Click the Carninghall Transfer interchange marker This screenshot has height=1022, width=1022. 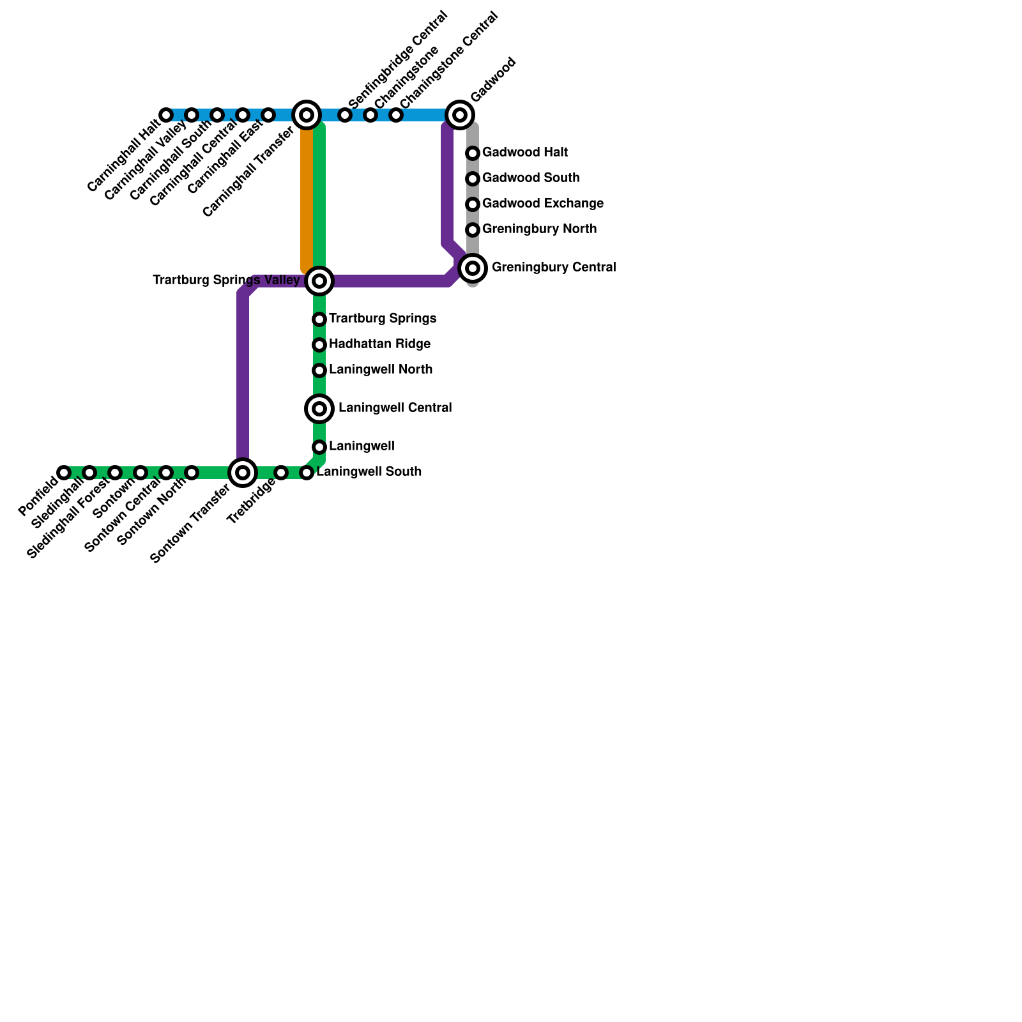coord(307,115)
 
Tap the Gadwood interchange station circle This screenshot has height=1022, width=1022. coord(460,115)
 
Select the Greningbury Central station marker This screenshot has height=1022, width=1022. coord(473,268)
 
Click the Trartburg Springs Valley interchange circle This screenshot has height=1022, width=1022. coord(319,281)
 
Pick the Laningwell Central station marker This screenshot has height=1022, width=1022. coord(319,409)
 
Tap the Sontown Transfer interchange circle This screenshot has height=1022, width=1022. coord(243,473)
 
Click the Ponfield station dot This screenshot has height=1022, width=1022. coord(64,473)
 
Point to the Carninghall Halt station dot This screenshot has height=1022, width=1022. coord(166,115)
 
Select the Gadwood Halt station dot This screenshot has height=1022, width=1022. coord(473,153)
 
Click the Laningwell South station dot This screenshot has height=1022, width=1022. coord(307,473)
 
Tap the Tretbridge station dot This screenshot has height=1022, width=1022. coord(281,473)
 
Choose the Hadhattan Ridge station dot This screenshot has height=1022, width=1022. coord(319,345)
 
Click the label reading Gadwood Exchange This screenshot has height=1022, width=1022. coord(542,204)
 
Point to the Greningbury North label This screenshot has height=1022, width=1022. coord(539,229)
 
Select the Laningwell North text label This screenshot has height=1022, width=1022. coord(381,370)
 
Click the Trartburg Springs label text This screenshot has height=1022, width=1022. coord(383,319)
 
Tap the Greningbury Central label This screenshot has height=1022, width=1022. coord(553,268)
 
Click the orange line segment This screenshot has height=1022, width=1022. coord(307,198)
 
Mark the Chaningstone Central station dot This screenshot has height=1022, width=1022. coord(396,115)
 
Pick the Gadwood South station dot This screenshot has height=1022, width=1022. coord(473,179)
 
